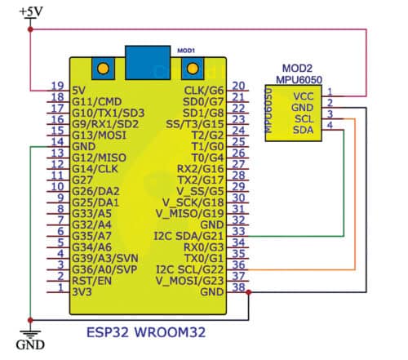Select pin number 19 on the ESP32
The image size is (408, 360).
pyautogui.click(x=57, y=87)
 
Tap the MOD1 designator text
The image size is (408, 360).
pyautogui.click(x=186, y=50)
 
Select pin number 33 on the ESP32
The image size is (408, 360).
pyautogui.click(x=238, y=231)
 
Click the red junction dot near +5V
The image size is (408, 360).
pyautogui.click(x=30, y=29)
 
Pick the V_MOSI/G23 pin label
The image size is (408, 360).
pyautogui.click(x=191, y=278)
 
